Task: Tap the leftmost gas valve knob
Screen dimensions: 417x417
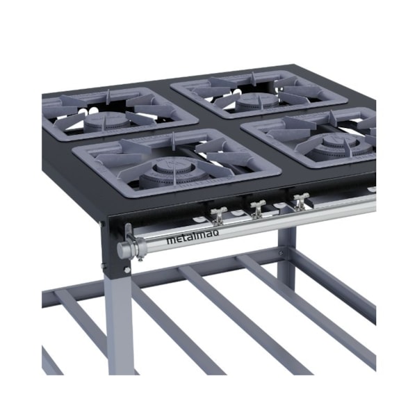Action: (218, 215)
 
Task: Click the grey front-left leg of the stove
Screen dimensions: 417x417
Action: (118, 320)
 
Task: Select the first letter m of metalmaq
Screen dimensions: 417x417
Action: (170, 240)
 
